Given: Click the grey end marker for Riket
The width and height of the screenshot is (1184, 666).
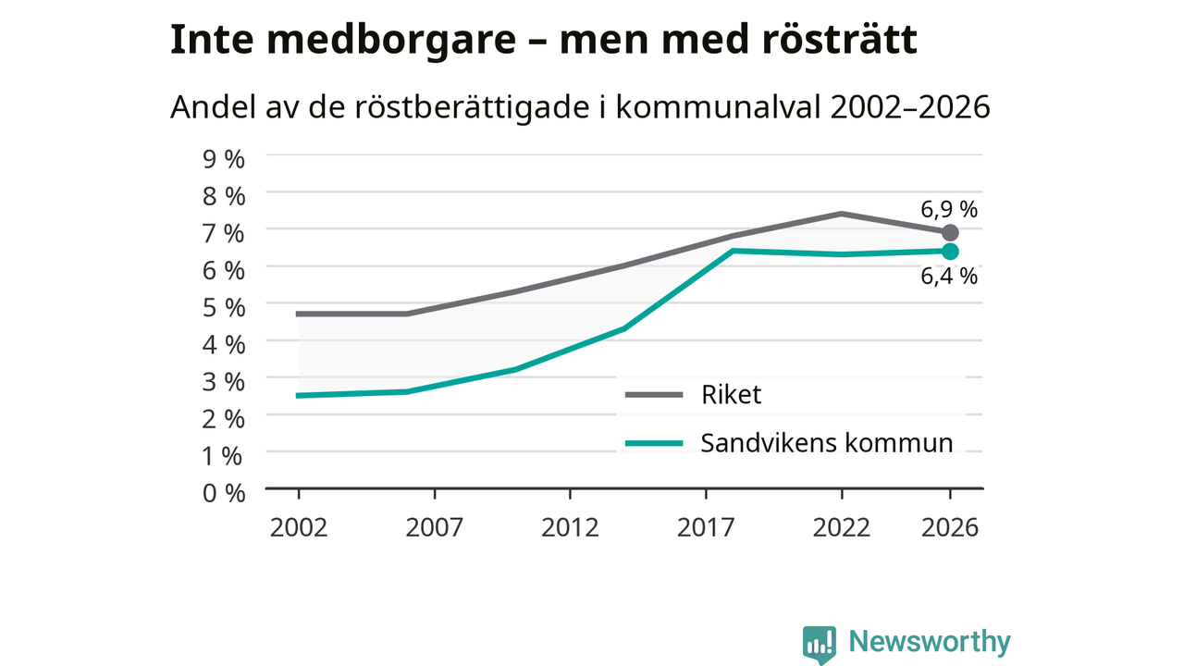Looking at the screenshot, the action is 950,232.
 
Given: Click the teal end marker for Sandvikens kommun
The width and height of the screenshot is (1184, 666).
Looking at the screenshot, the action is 950,252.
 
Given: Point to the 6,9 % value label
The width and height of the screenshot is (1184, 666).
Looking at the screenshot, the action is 949,210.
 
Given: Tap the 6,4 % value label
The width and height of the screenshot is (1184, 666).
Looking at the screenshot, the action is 949,277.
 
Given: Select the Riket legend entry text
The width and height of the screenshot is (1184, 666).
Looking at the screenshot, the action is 731,394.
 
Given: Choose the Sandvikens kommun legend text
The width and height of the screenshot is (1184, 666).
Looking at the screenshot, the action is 827,442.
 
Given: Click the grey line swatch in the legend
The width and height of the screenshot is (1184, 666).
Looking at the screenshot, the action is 654,395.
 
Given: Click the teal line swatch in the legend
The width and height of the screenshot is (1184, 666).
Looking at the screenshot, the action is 654,443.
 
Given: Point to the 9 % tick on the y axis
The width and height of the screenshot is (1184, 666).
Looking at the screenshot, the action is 224,159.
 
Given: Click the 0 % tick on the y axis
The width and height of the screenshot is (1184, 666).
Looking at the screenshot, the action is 224,493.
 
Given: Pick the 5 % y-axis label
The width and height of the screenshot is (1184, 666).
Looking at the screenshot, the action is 224,308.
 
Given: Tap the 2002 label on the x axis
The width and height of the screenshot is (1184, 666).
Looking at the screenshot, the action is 299,527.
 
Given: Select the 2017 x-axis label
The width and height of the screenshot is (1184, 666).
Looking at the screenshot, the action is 706,527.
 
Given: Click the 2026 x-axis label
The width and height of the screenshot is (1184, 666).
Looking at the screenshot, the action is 950,527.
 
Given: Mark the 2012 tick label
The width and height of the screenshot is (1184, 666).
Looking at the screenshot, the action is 570,527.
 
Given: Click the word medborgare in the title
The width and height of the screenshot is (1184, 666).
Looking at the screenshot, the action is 391,40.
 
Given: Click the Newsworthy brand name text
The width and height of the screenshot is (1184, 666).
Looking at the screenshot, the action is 930,642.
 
